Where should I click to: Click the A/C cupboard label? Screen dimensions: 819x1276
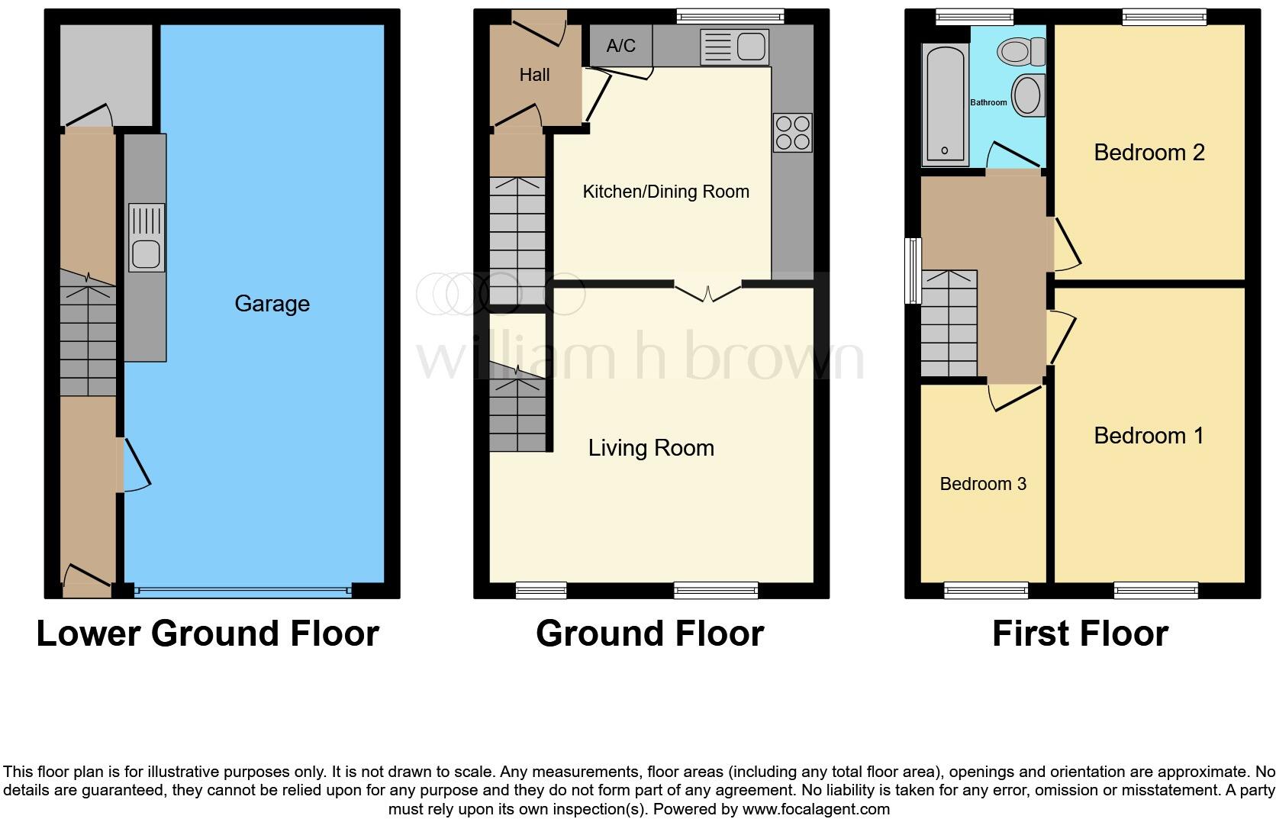(x=620, y=46)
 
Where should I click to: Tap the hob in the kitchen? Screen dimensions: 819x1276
(x=792, y=133)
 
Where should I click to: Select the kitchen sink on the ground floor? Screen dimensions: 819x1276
(x=734, y=47)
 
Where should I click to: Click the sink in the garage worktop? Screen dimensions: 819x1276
(x=146, y=237)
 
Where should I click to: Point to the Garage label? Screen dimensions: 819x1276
(x=272, y=304)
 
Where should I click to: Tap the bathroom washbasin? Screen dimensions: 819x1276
(x=1029, y=95)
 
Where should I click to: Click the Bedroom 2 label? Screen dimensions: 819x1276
(x=1149, y=153)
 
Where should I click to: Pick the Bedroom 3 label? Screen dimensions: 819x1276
(x=982, y=484)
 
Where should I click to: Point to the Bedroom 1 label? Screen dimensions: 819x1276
(x=1148, y=436)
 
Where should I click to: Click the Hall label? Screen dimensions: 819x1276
(x=534, y=75)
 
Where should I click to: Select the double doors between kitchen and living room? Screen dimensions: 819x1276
(x=707, y=291)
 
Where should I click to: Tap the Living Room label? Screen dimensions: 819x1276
(x=651, y=448)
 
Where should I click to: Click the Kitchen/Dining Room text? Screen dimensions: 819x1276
(x=665, y=192)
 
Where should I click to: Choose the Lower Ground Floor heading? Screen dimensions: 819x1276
(x=207, y=634)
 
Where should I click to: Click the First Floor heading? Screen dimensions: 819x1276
(x=1079, y=634)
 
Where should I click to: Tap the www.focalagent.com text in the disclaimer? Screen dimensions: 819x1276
(x=816, y=809)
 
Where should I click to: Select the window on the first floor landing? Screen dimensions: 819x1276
(x=912, y=271)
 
